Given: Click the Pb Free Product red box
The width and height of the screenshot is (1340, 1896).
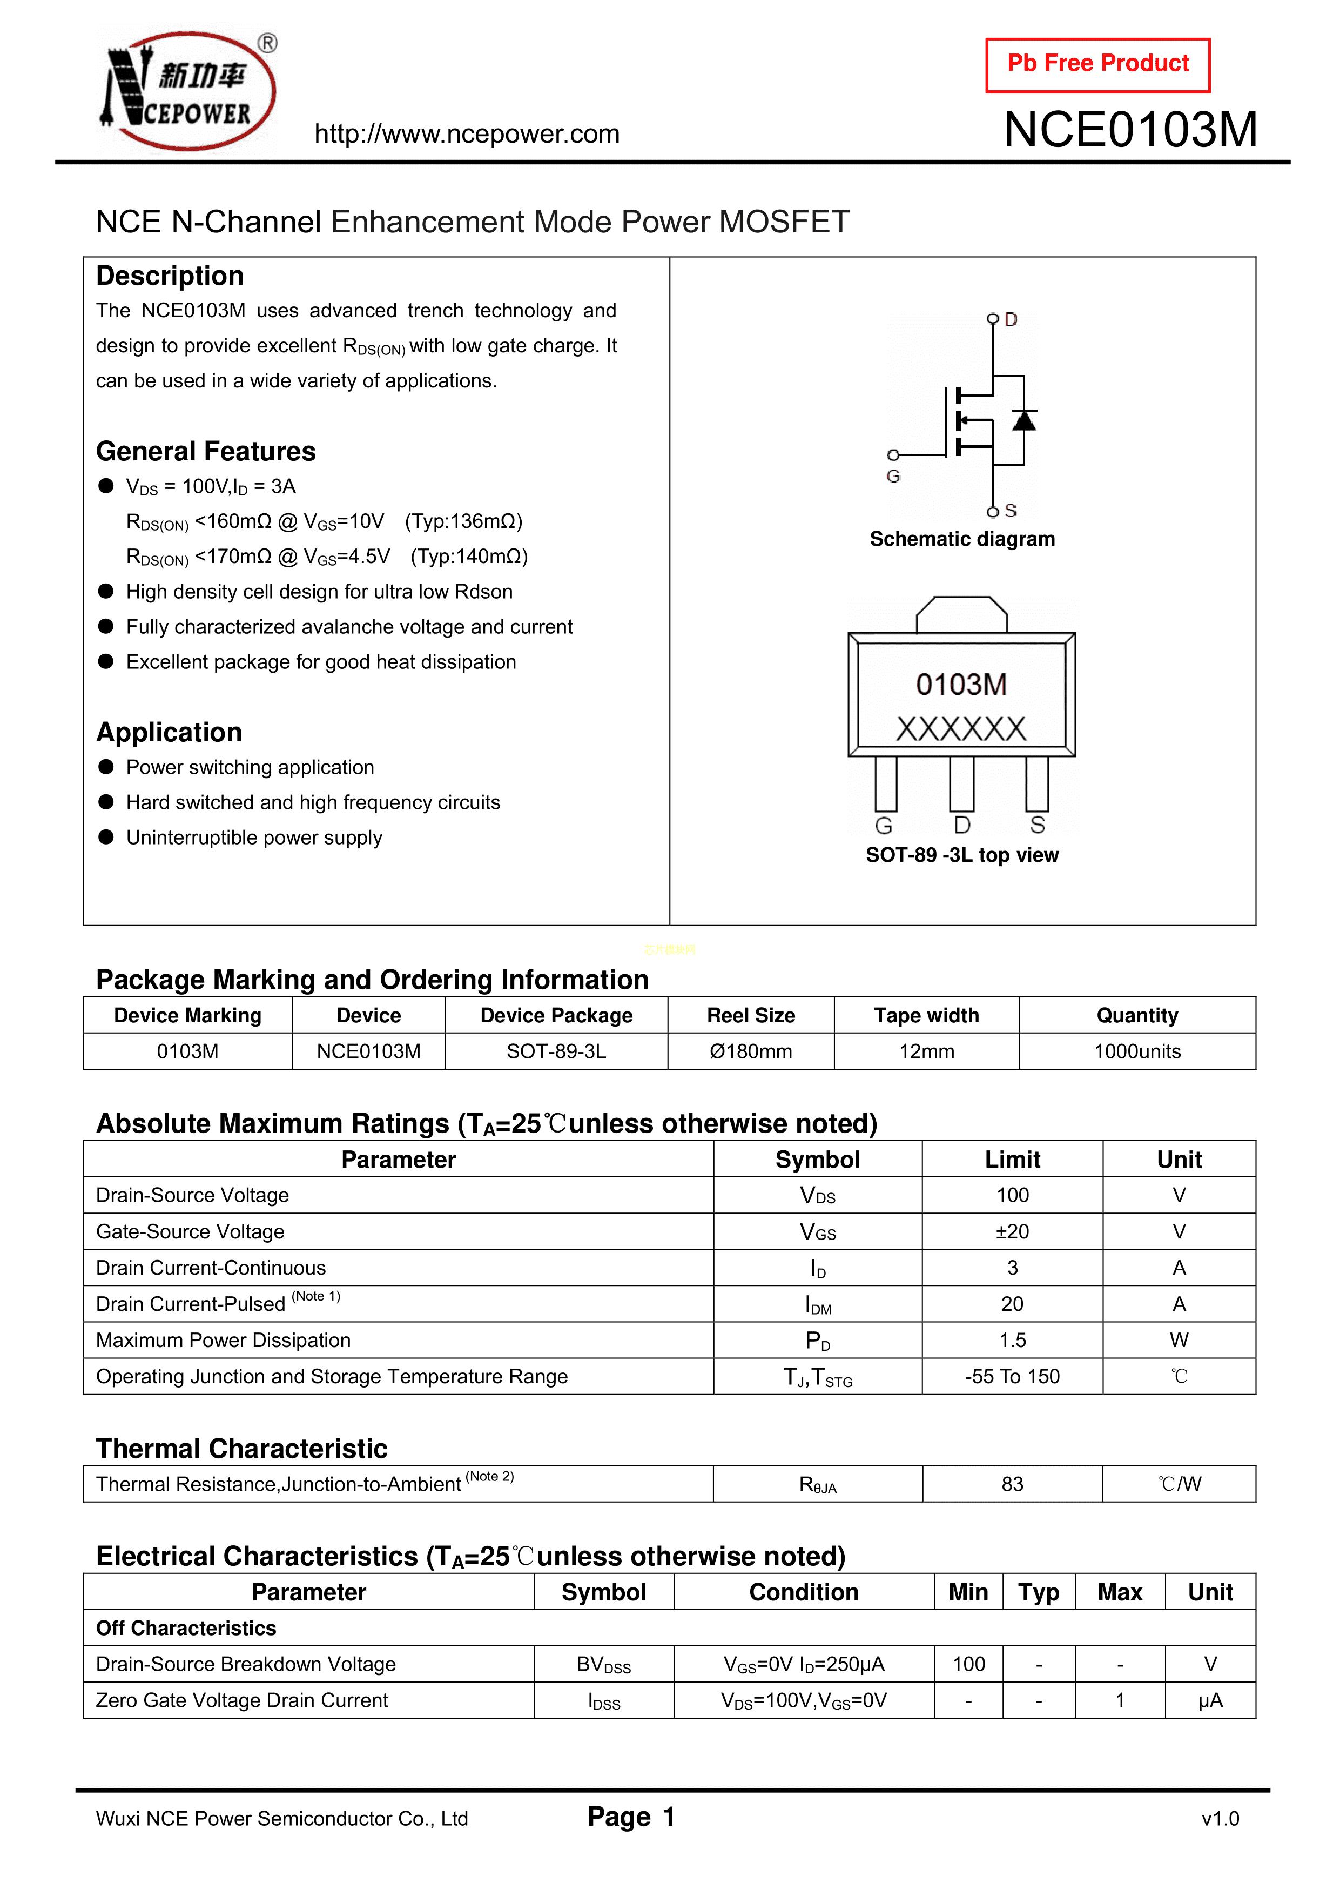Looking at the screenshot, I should coord(1097,64).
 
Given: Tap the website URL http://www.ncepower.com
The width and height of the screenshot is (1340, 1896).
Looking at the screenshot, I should coord(467,134).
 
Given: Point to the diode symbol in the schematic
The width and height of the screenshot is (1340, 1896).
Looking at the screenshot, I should coord(1024,420).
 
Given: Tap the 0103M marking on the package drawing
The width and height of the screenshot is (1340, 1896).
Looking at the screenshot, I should coord(961,685).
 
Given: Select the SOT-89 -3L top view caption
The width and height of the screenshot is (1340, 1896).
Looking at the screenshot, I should coord(962,855).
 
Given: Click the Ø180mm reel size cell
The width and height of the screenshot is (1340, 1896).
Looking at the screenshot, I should coord(751,1051).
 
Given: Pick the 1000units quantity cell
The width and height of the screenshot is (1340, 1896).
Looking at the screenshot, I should coord(1137,1051).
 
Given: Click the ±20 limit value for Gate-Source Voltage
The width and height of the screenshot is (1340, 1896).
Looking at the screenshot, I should coord(1012,1231).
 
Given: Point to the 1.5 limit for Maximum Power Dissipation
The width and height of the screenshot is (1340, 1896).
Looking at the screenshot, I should coord(1012,1340).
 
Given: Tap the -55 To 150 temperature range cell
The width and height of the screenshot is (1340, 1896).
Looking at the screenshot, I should coord(1012,1377).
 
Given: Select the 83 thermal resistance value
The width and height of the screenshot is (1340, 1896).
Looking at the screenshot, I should coord(1012,1484).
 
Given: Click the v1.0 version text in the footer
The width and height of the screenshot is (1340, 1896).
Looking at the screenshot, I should coord(1220,1818).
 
